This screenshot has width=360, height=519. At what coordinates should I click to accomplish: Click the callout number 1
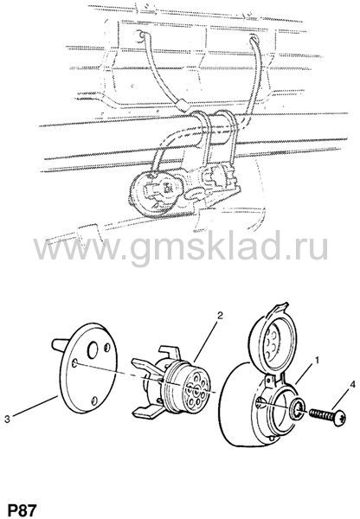[x=317, y=360]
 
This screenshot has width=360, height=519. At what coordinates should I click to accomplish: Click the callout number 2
[x=220, y=316]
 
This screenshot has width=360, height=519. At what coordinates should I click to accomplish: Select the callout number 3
[x=7, y=419]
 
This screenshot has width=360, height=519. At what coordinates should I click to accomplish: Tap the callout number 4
[x=352, y=385]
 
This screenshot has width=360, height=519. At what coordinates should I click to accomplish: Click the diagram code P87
[x=22, y=510]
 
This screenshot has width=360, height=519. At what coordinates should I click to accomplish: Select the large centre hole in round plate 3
[x=93, y=350]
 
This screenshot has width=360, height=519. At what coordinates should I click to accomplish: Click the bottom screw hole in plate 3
[x=94, y=400]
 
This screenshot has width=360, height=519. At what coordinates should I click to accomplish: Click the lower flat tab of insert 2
[x=148, y=412]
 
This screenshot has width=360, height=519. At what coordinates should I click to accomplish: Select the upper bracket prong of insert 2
[x=170, y=354]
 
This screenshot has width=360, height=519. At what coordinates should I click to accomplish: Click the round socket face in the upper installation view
[x=153, y=191]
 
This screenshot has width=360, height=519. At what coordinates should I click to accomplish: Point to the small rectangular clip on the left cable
[x=183, y=106]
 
